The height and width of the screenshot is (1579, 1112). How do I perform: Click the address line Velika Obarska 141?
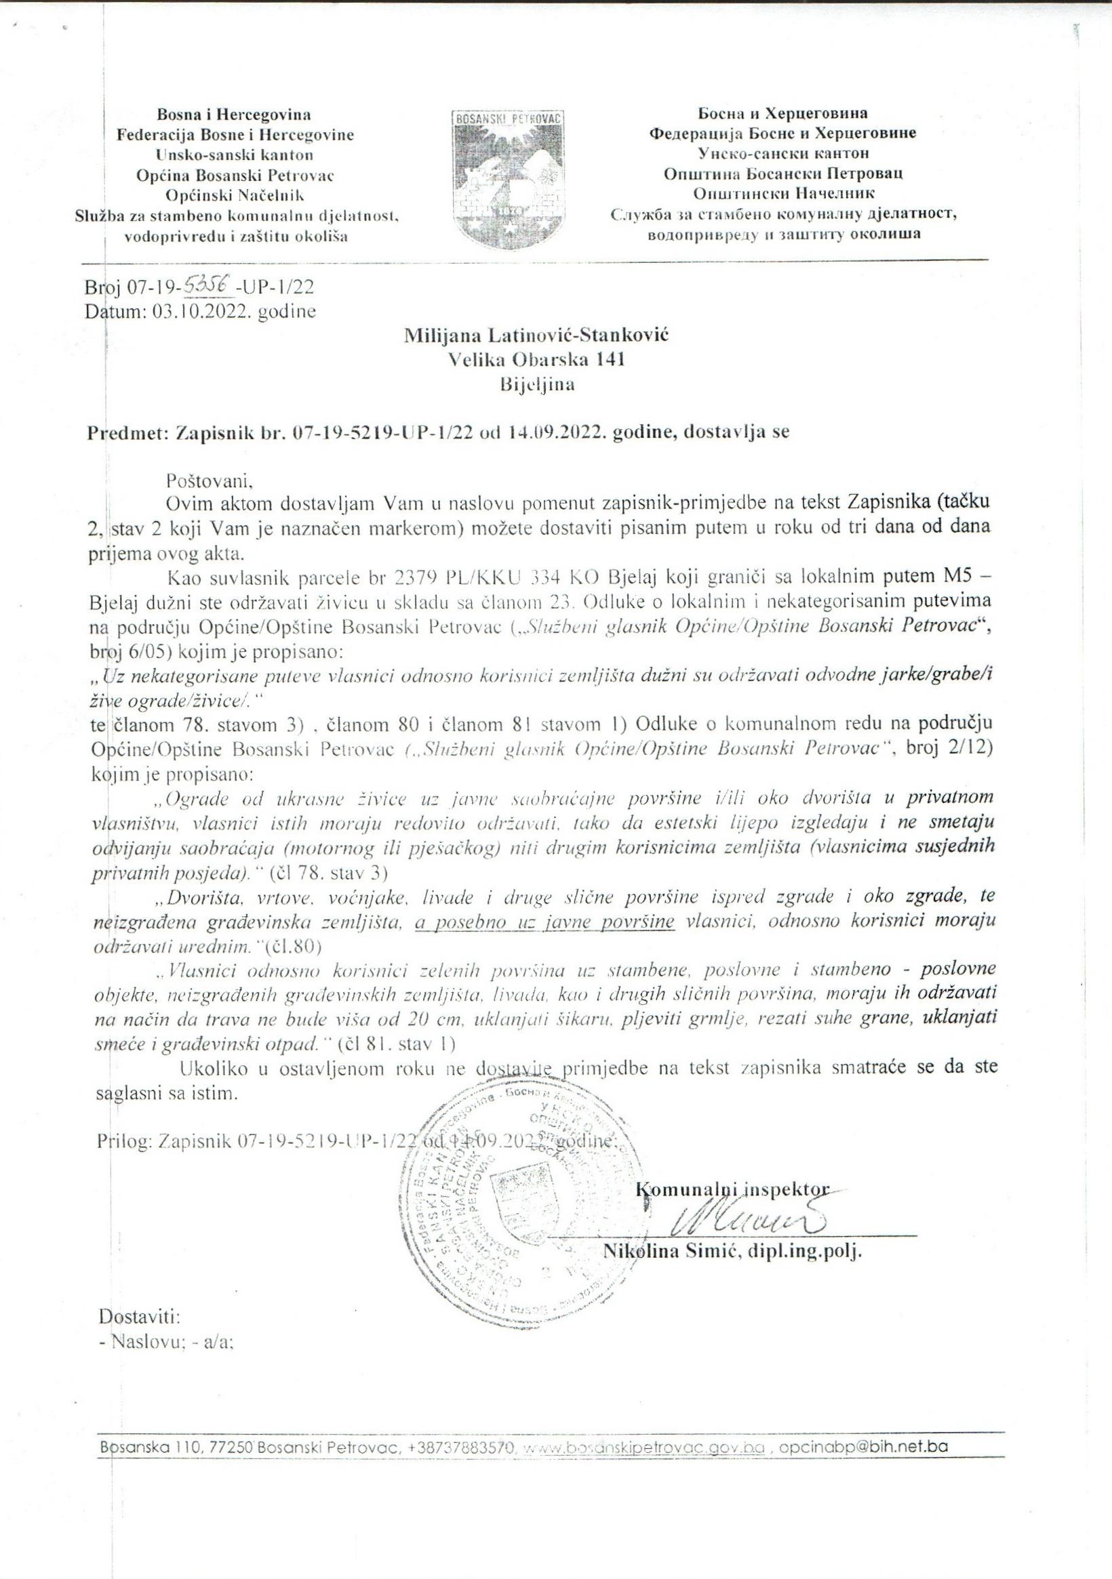(536, 360)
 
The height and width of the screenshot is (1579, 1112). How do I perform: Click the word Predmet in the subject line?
(125, 432)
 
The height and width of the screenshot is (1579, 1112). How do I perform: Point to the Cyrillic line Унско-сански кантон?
(783, 153)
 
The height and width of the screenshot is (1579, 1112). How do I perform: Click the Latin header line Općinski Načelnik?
(234, 194)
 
